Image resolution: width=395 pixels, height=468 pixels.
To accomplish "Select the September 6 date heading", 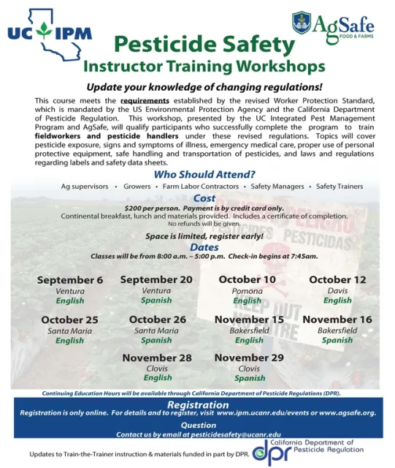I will click(70, 280).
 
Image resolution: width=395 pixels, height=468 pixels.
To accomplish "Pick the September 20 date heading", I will click(156, 279).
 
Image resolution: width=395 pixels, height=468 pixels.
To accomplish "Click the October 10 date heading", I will click(247, 279).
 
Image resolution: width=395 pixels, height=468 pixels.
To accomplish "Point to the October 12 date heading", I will click(337, 279).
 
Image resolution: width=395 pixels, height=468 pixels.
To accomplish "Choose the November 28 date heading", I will click(157, 358).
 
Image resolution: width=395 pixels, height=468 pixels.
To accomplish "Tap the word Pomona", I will click(247, 290).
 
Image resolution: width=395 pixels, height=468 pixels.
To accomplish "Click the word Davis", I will click(337, 290).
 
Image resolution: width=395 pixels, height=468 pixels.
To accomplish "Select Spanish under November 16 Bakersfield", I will click(337, 340).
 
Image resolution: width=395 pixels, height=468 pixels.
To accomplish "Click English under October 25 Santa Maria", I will click(70, 341).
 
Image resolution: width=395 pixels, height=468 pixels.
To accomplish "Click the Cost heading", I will click(204, 198).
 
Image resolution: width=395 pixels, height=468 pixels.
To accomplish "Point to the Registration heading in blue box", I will click(198, 404).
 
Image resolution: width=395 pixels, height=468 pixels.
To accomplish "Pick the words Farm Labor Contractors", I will click(200, 186).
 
